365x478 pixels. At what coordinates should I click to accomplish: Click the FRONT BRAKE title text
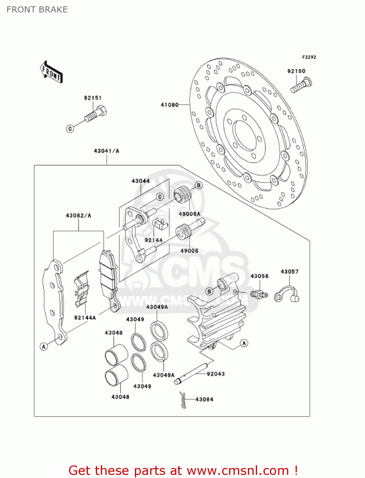point(37,10)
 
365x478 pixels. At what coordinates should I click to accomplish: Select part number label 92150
point(296,71)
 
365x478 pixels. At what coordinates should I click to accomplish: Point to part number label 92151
point(93,98)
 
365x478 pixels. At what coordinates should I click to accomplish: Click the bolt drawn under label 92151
point(96,115)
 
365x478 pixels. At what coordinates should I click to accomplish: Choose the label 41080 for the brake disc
point(170,105)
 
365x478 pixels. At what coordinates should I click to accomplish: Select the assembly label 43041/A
point(106,151)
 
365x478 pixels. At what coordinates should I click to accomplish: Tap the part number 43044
point(140,181)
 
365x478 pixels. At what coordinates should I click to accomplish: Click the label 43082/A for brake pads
point(78,215)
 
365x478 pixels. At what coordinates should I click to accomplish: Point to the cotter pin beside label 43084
point(183,400)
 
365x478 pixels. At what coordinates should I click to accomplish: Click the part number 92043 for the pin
point(215,374)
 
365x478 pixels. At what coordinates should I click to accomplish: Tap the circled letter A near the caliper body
point(244,343)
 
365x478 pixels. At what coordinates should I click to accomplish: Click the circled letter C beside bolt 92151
point(70,128)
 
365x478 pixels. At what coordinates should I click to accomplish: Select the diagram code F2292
point(309,57)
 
